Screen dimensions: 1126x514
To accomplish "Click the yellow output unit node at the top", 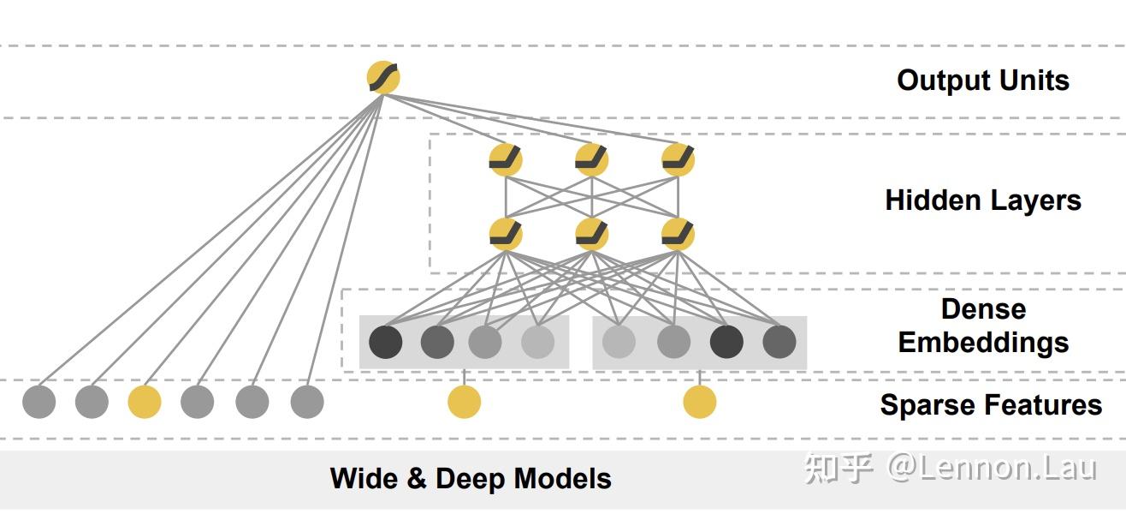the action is click(383, 77).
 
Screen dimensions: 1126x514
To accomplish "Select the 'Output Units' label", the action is click(983, 81).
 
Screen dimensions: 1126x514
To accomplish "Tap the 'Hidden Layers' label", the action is click(983, 200).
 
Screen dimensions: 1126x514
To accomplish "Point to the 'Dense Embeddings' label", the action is click(983, 326).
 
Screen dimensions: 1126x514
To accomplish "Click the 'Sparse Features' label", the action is click(991, 404).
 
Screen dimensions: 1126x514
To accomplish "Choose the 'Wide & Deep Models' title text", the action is click(471, 478).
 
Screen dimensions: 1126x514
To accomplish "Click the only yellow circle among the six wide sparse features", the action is click(145, 402).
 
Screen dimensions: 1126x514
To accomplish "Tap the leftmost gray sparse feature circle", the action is click(39, 402).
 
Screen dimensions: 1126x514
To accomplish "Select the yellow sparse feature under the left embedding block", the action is click(464, 402).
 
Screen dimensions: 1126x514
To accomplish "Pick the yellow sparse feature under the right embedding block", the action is click(700, 402).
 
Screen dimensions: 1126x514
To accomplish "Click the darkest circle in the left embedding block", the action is click(386, 342).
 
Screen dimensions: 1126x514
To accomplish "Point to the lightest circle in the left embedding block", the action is click(538, 342).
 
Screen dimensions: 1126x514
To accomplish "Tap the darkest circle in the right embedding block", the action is click(726, 342).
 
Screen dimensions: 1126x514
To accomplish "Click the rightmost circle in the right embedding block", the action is click(779, 342).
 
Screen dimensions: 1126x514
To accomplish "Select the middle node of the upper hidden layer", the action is click(591, 159).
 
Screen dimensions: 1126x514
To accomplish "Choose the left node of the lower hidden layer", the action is click(506, 234).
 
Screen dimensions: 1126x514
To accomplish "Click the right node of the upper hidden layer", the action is click(679, 159).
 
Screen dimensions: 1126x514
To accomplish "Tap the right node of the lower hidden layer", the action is click(679, 234).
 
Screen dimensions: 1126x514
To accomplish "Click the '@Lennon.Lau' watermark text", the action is click(992, 468).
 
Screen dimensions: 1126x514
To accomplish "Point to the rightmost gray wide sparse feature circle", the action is click(307, 402).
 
